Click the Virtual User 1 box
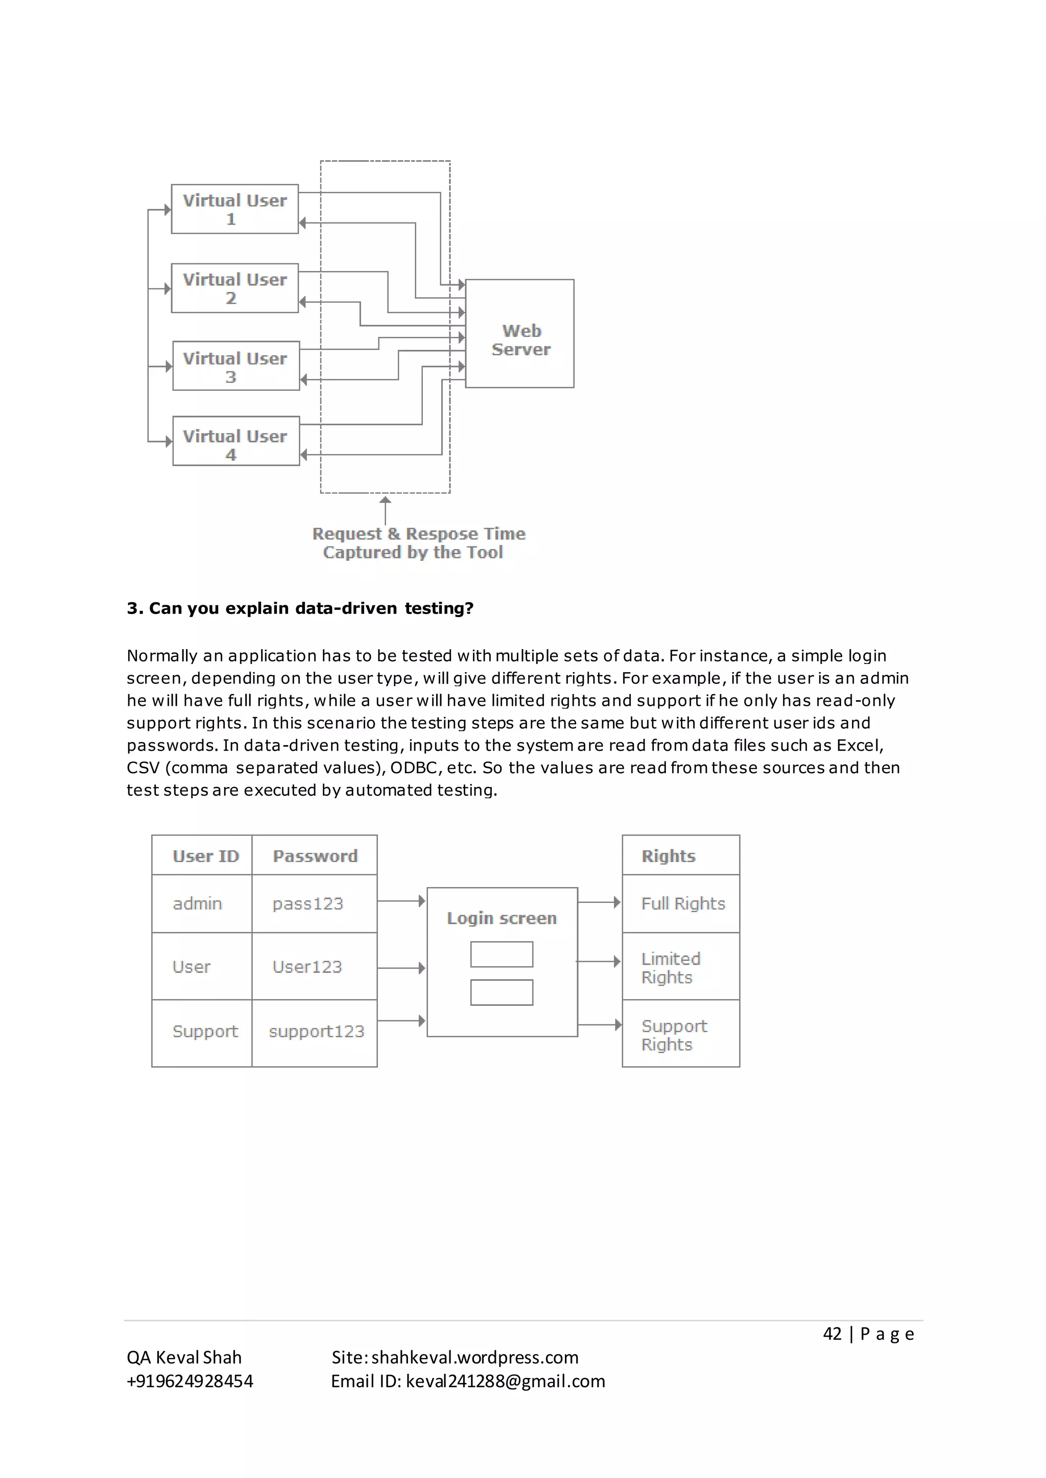(x=234, y=209)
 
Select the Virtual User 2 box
(x=234, y=288)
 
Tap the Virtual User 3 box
(x=236, y=366)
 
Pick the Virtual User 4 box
(x=236, y=441)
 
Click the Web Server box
(x=520, y=333)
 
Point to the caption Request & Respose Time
(x=419, y=534)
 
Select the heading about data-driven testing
(x=300, y=608)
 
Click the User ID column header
(x=205, y=856)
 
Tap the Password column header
(x=315, y=856)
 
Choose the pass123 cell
(x=308, y=904)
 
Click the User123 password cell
(x=307, y=967)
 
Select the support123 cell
(x=316, y=1031)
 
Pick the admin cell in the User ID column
(x=197, y=904)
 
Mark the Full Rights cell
(x=683, y=904)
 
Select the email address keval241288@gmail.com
(x=506, y=1382)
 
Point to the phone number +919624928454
(x=190, y=1382)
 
